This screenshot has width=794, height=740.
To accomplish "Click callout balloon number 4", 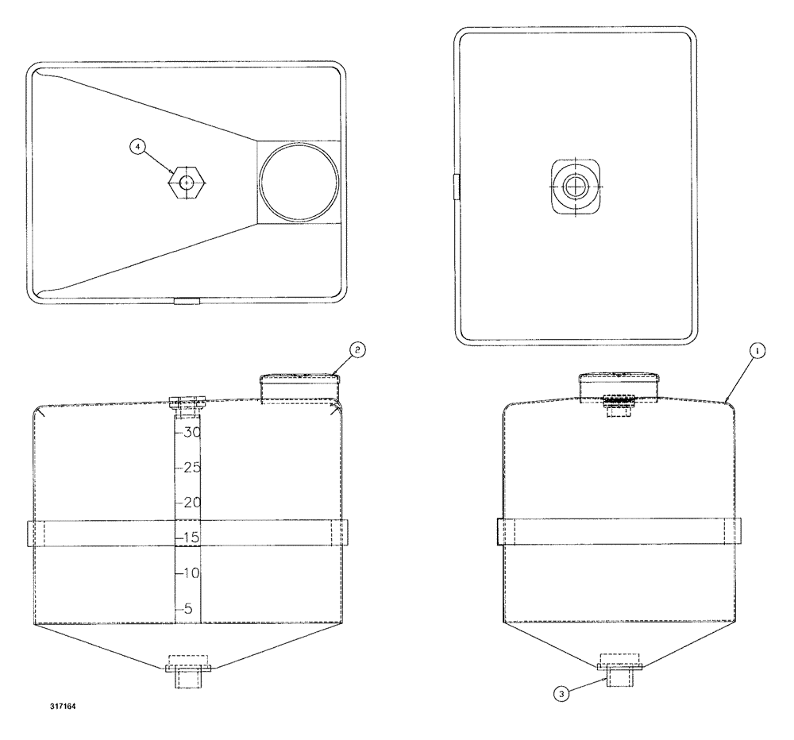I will coord(139,147).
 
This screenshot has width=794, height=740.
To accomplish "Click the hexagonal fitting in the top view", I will coord(187,182).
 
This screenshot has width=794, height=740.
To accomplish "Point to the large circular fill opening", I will coord(299,182).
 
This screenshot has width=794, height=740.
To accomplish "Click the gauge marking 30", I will coord(191,433).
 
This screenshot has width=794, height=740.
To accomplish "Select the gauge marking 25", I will coord(191,468).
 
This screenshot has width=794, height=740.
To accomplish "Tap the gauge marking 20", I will coord(191,503).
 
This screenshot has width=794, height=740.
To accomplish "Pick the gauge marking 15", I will coord(191,538).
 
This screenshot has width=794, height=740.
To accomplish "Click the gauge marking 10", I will coord(191,572).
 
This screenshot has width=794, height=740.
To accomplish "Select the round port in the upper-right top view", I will coord(575,187).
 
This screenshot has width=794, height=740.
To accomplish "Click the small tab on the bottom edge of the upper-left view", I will coord(188,301).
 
